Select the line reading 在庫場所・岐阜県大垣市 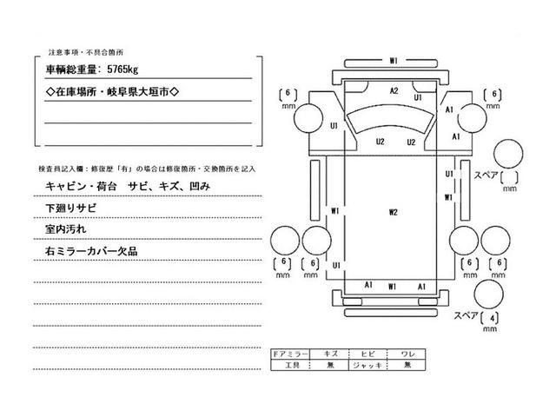point(110,90)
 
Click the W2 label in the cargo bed point(393,211)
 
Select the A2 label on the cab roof point(394,90)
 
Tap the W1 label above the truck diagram point(394,61)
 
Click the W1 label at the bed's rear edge point(393,285)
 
